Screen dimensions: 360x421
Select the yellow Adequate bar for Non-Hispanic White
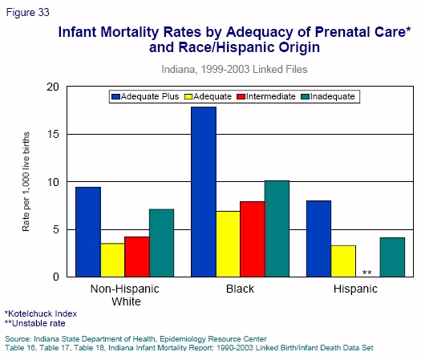click(112, 260)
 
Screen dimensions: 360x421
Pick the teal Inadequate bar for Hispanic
click(392, 257)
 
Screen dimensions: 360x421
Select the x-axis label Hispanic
click(355, 289)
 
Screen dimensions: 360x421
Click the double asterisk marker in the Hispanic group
click(366, 273)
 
